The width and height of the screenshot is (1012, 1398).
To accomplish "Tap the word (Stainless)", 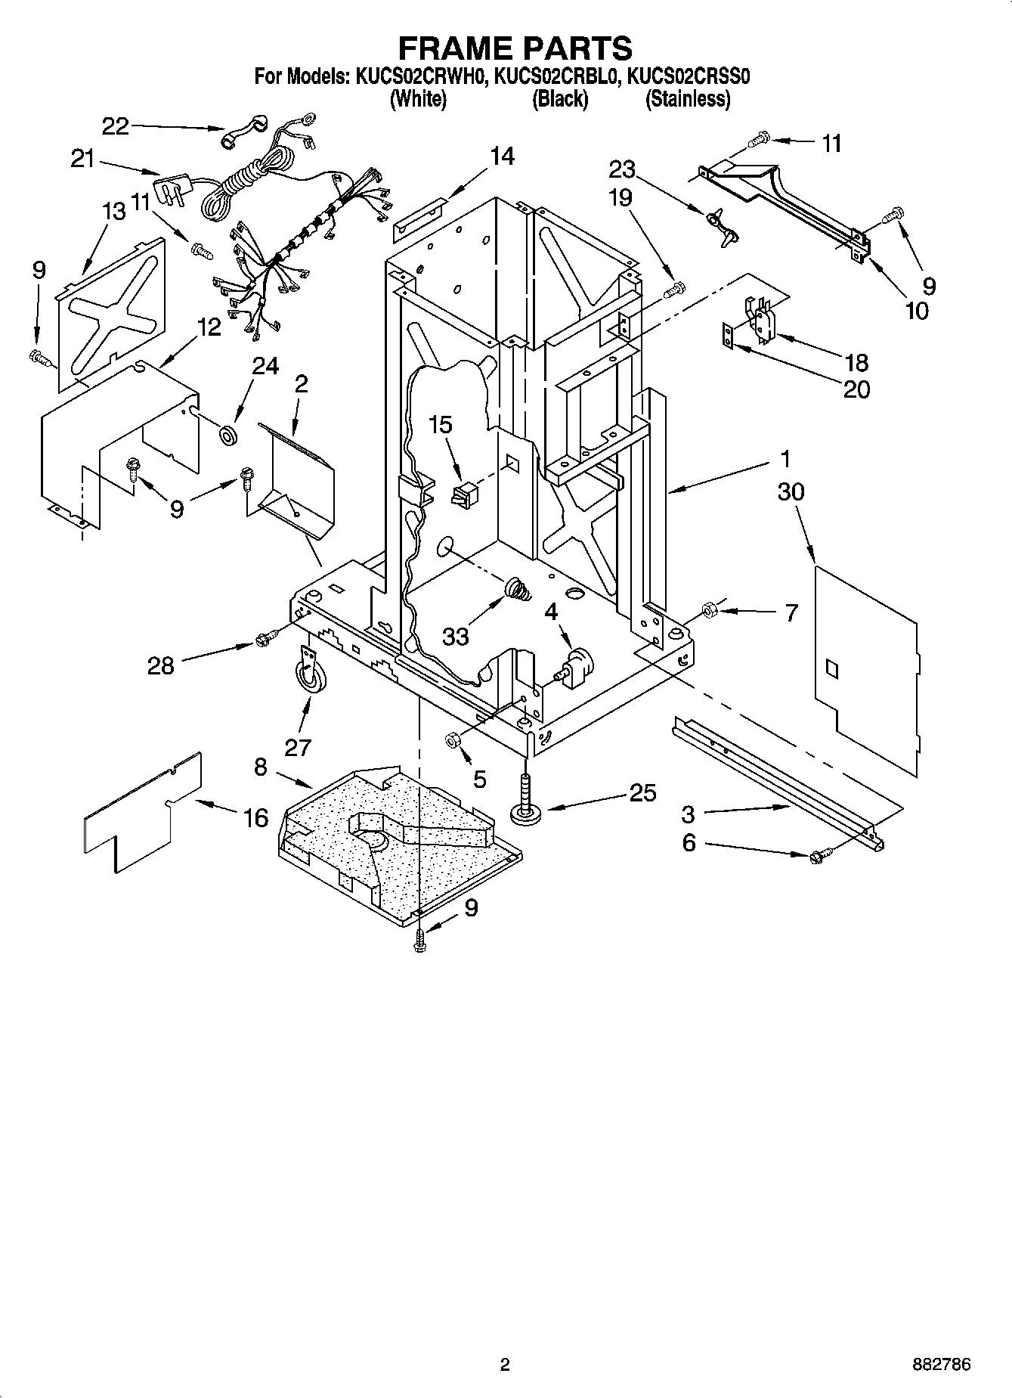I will tap(687, 99).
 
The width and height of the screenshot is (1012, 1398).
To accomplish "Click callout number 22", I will tap(115, 126).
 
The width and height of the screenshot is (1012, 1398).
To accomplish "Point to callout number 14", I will tap(501, 157).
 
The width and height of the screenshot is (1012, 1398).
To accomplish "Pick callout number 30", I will tap(791, 491).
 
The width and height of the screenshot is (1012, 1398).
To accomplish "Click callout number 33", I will tap(456, 637).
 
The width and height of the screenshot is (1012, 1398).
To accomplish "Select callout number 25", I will tap(642, 793).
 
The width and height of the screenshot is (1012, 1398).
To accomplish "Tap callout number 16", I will tap(255, 817).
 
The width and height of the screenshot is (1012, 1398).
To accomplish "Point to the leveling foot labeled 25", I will tap(523, 801).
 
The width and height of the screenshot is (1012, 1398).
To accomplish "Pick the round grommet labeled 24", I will tap(227, 436).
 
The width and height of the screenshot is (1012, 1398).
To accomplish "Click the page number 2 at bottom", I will tap(505, 1365).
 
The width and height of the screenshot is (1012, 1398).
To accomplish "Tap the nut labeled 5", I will tap(453, 740).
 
